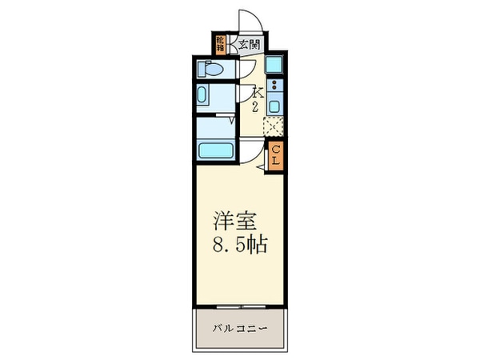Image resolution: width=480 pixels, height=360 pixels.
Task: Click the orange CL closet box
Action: pyautogui.click(x=274, y=154)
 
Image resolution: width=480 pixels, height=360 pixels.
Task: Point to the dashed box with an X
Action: pyautogui.click(x=273, y=126)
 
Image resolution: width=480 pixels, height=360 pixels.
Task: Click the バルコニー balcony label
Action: pyautogui.click(x=239, y=329)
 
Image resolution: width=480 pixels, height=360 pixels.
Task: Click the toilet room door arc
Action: pyautogui.click(x=246, y=70)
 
